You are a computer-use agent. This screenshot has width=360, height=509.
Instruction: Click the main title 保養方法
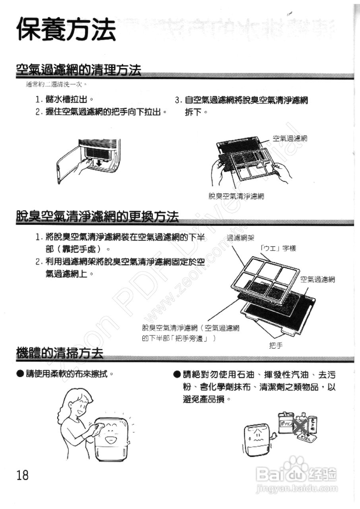66,29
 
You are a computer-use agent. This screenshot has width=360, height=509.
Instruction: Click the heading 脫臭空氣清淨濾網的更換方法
97,216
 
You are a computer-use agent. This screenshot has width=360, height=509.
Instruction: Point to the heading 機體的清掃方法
59,352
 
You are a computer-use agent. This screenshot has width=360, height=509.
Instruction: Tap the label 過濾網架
240,238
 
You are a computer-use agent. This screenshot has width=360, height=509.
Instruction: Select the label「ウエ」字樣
278,249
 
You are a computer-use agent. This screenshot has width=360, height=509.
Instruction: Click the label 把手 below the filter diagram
276,346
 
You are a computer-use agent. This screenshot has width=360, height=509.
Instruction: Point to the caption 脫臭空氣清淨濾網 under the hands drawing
236,196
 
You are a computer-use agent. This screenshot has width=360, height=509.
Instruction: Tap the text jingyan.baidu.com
297,488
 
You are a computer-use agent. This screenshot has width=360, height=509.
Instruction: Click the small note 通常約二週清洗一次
56,85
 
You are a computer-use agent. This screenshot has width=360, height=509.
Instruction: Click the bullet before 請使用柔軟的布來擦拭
20,374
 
